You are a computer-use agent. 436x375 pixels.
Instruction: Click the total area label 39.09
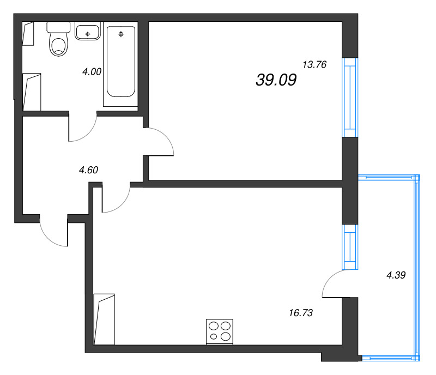(276, 80)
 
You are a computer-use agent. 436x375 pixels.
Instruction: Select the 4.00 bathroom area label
(92, 71)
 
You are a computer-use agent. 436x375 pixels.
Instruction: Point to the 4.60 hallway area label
(88, 170)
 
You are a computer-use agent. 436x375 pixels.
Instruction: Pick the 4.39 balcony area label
(396, 275)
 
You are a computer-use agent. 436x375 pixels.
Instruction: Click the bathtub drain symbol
(121, 34)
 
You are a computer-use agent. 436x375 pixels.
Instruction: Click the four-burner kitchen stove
(220, 331)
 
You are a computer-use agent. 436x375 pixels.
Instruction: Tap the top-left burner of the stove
(214, 326)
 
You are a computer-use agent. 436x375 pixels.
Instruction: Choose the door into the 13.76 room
(161, 142)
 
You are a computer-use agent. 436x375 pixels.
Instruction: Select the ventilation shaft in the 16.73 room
(104, 319)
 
